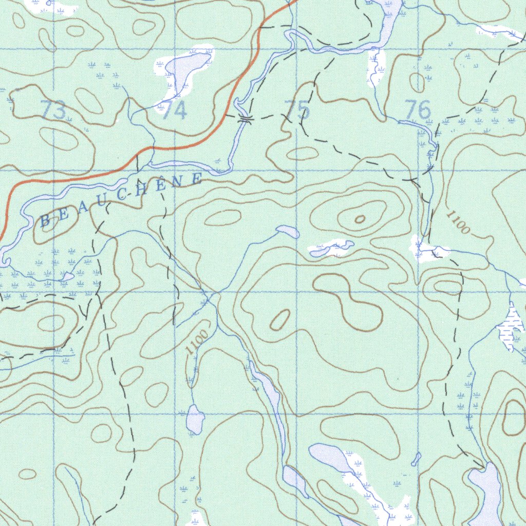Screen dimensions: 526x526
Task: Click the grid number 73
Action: (x=53, y=110)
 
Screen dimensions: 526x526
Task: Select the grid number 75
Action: (x=297, y=110)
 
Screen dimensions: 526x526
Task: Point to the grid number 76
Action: (x=417, y=110)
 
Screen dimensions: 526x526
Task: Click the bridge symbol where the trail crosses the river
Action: (x=246, y=120)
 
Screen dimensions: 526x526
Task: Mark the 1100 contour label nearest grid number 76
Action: (x=457, y=222)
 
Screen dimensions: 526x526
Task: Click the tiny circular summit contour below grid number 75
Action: (x=360, y=219)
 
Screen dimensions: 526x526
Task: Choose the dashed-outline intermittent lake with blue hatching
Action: (x=512, y=326)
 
